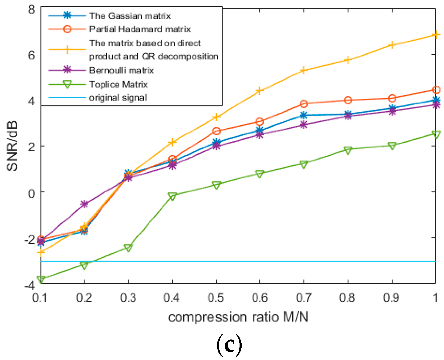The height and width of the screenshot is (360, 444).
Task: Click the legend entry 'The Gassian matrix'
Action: tap(130, 16)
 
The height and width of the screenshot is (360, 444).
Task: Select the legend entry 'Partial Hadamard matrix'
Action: tap(140, 29)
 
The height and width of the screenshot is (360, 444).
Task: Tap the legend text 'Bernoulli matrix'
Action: tap(121, 70)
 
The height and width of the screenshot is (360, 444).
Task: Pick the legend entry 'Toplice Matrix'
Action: tap(118, 84)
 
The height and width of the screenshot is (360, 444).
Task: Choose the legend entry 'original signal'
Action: tap(118, 98)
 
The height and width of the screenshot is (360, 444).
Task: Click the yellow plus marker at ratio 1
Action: tap(435, 35)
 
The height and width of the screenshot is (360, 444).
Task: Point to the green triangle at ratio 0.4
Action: tap(172, 196)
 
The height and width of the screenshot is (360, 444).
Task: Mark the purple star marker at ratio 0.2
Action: tap(84, 204)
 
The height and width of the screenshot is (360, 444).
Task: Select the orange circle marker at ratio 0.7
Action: tap(304, 104)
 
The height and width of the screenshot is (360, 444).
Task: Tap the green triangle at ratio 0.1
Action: tap(41, 279)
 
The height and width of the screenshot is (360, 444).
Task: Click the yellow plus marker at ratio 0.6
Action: tap(259, 91)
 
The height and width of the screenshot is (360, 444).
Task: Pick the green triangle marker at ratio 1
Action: tap(435, 134)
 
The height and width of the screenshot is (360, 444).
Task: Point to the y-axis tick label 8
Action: tap(32, 10)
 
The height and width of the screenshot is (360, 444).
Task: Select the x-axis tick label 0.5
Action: tap(216, 298)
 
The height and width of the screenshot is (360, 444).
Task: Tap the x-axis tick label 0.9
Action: tap(391, 298)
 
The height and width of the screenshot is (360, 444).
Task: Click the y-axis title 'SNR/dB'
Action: tap(12, 146)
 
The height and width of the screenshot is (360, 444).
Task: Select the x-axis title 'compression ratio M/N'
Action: tap(238, 317)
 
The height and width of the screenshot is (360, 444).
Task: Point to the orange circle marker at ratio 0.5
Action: tap(216, 131)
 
